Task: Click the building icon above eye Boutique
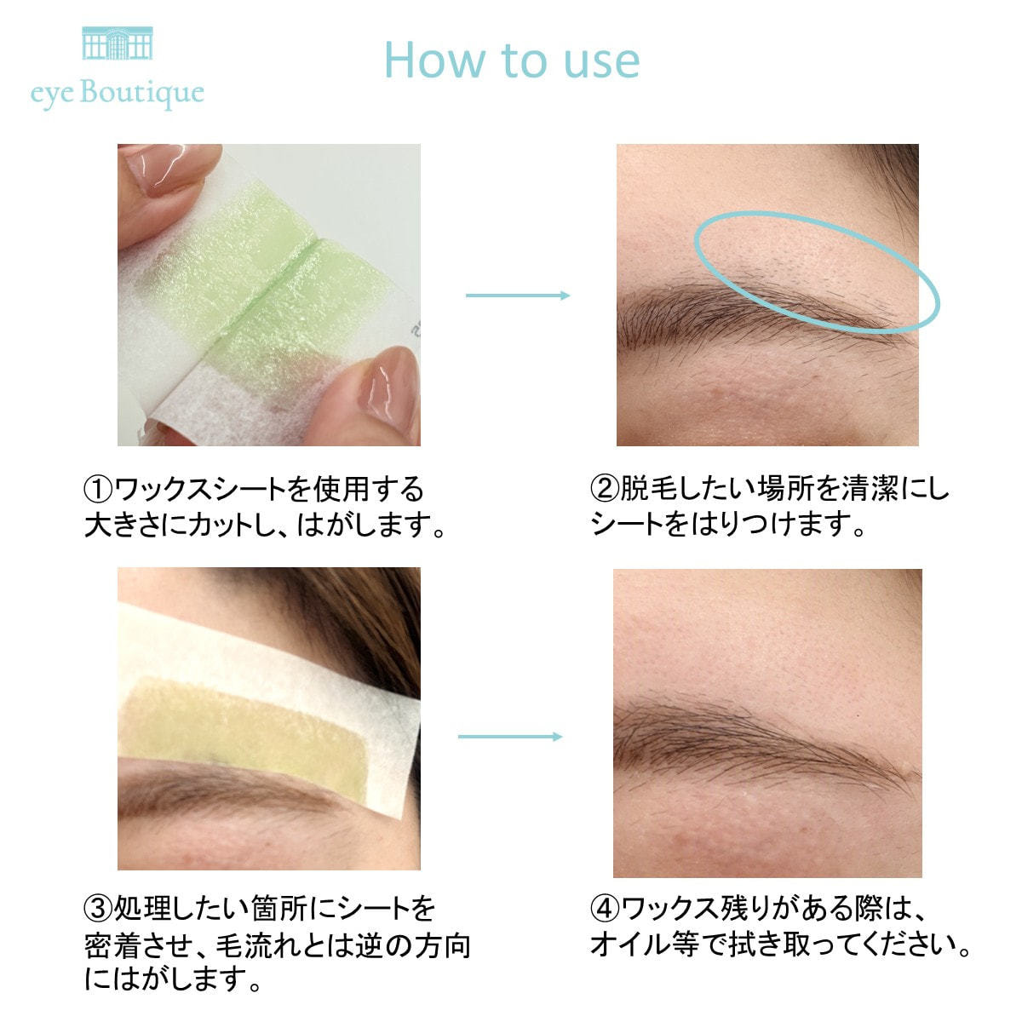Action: click(118, 43)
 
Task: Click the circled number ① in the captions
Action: click(98, 490)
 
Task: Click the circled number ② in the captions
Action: click(605, 489)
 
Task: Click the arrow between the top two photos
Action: click(518, 296)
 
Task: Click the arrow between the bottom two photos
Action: click(509, 737)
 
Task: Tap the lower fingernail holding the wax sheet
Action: click(391, 386)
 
